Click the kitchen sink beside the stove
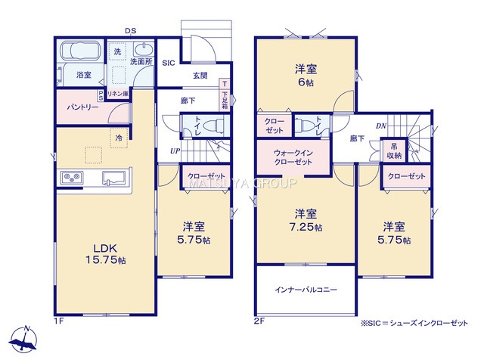[x=114, y=178]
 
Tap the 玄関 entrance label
[x=200, y=75]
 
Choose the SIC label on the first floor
[x=168, y=64]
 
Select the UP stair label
[x=175, y=151]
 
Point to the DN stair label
[x=381, y=126]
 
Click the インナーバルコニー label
[x=306, y=290]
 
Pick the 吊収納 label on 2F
[x=395, y=150]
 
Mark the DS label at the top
[x=131, y=32]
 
